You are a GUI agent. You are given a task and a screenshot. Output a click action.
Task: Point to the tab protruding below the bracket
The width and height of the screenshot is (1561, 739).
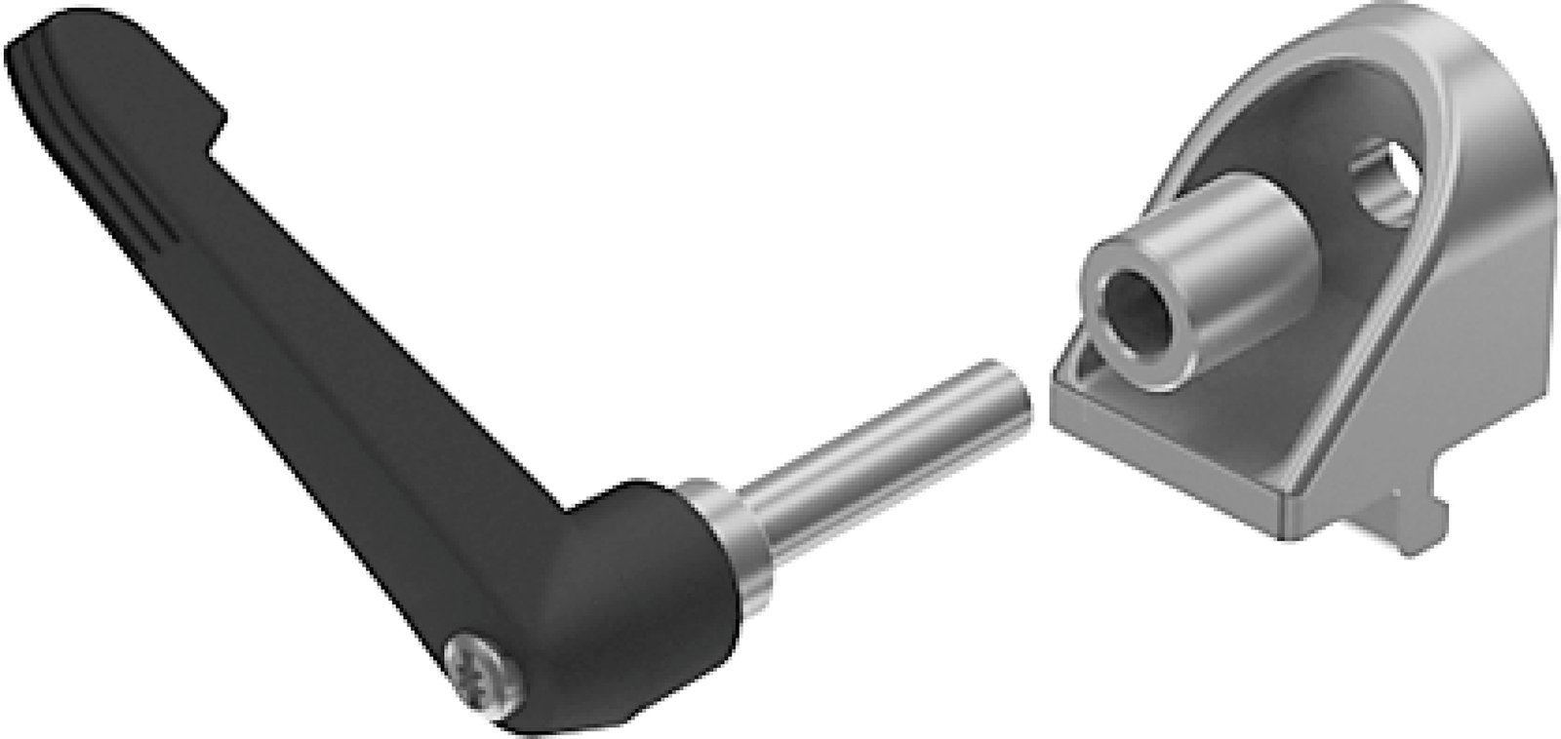click(1405, 526)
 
